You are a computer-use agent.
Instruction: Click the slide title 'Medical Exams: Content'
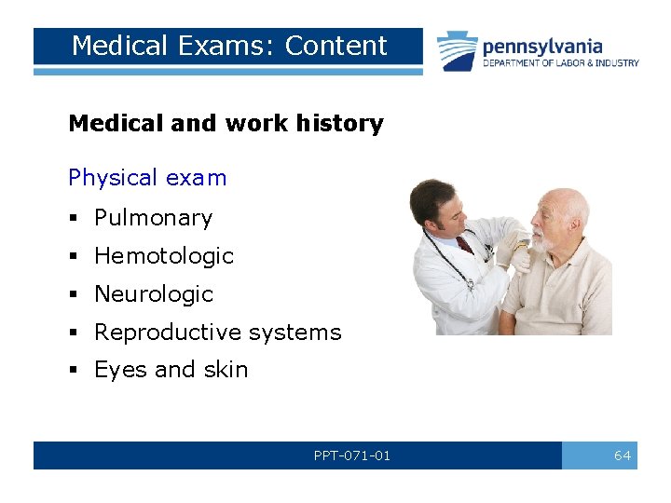(228, 46)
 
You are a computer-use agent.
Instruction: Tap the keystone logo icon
(458, 50)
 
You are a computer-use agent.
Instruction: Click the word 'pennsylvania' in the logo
(542, 46)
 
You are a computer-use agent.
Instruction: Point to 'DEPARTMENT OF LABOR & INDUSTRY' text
(561, 63)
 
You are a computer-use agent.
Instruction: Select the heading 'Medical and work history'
(226, 123)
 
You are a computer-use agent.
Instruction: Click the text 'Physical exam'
(147, 177)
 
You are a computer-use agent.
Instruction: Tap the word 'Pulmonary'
(153, 217)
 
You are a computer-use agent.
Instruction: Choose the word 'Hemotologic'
(163, 255)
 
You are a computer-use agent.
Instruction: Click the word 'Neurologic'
(153, 293)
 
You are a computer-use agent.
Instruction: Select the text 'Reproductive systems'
(217, 332)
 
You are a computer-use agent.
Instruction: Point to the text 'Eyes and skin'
(171, 369)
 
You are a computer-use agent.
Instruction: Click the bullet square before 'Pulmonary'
(74, 219)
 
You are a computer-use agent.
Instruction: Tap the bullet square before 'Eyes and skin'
(74, 371)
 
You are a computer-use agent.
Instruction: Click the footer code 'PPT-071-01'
(351, 455)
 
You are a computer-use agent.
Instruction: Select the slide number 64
(622, 455)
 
